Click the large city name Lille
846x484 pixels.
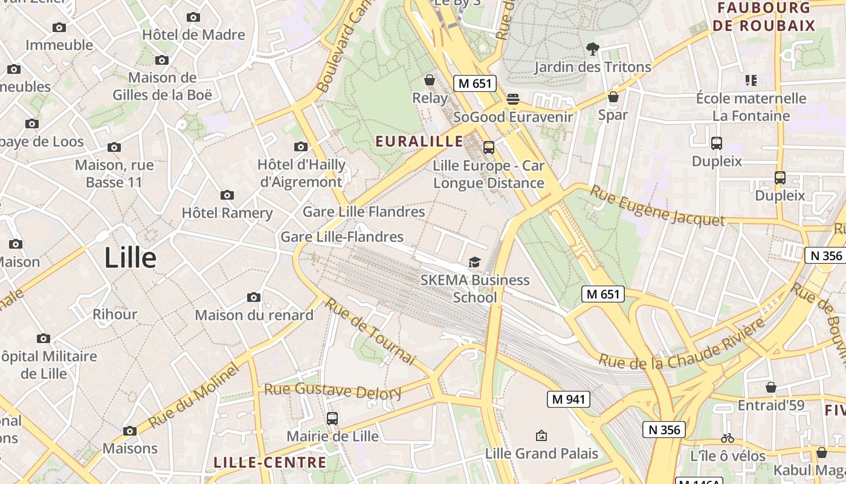pyautogui.click(x=130, y=258)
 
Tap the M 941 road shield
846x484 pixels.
pyautogui.click(x=568, y=399)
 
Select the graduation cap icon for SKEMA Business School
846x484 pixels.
pyautogui.click(x=475, y=262)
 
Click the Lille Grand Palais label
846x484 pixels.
pyautogui.click(x=541, y=453)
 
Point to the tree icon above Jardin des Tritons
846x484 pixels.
pyautogui.click(x=592, y=49)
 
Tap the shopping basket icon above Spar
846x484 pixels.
pyautogui.click(x=613, y=97)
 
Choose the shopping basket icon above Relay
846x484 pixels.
pyautogui.click(x=430, y=80)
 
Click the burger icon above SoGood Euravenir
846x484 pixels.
pyautogui.click(x=513, y=99)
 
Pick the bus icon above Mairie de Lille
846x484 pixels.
pyautogui.click(x=332, y=418)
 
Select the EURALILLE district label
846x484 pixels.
pyautogui.click(x=419, y=142)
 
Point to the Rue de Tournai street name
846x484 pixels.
pyautogui.click(x=370, y=332)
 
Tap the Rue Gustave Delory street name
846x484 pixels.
pyautogui.click(x=332, y=391)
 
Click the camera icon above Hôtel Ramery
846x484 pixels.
pyautogui.click(x=227, y=195)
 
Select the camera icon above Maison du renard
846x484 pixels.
pyautogui.click(x=254, y=297)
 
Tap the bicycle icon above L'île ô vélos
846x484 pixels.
pyautogui.click(x=728, y=438)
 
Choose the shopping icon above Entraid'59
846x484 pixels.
pyautogui.click(x=771, y=387)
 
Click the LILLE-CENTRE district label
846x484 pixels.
pyautogui.click(x=270, y=463)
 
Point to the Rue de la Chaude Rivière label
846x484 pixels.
pyautogui.click(x=681, y=347)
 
